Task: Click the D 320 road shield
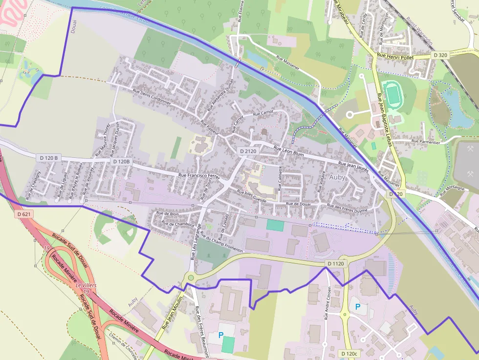coord(440,55)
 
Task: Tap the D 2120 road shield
coord(248,151)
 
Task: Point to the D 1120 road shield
coord(336,264)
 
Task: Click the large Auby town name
coord(337,177)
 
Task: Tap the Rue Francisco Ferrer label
coord(199,176)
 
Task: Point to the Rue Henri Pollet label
coord(395,57)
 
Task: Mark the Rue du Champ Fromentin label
coord(221,243)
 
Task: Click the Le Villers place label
coord(86,285)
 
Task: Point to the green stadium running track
coord(391,93)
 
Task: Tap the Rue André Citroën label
coord(327,303)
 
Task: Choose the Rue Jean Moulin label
coord(172,312)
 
